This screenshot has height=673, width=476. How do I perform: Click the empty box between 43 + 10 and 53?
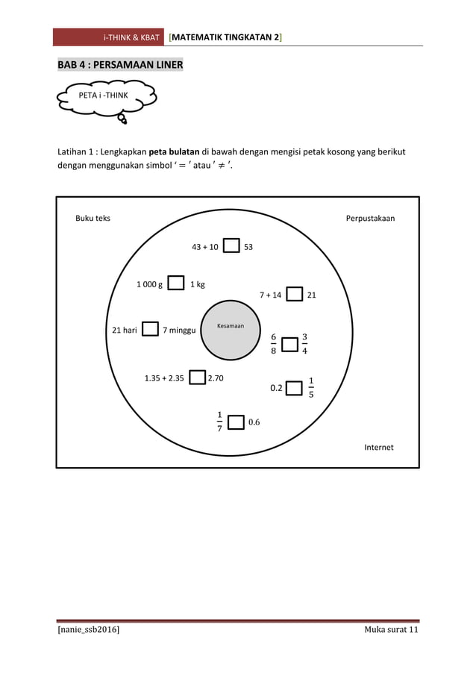pos(231,246)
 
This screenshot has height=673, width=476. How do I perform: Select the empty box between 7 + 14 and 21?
pos(295,294)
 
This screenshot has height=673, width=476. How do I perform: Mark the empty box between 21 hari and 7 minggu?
pos(150,329)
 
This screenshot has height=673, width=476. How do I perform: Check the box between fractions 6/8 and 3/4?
pos(292,344)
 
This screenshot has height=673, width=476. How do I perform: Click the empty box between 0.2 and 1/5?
pos(295,387)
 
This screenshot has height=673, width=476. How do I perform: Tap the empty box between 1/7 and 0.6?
pos(236,422)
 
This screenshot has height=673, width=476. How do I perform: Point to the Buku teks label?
pos(93,219)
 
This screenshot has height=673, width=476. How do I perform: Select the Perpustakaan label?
pos(370,219)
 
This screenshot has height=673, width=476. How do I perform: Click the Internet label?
pos(378,447)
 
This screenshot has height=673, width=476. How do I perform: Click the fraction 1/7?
pos(219,422)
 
